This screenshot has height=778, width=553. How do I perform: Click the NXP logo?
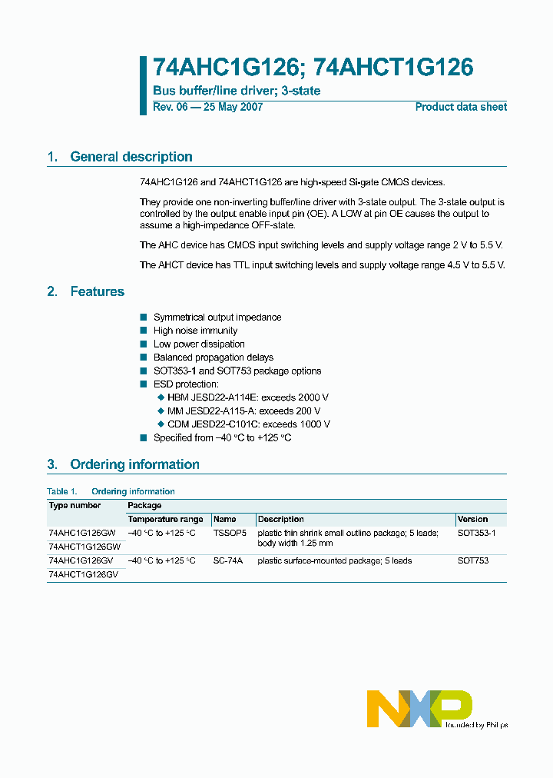[419, 707]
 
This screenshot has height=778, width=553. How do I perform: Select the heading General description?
[131, 157]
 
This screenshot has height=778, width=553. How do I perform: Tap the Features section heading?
[97, 291]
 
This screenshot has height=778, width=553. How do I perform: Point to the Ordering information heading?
[134, 464]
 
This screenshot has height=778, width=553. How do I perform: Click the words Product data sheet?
[461, 107]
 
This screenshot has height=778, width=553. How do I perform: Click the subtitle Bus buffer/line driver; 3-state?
[237, 91]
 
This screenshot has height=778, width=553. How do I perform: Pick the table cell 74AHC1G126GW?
[82, 533]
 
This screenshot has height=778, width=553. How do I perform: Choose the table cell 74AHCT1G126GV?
[83, 574]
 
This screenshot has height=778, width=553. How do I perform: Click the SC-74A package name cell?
[227, 560]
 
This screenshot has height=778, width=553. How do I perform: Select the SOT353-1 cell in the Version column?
[476, 533]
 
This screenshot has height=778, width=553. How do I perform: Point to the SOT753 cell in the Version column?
[472, 560]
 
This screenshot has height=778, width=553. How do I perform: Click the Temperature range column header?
[165, 519]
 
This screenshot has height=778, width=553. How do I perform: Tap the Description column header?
[280, 519]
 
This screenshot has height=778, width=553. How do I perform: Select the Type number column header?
[75, 505]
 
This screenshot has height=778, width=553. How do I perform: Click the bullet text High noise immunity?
[195, 331]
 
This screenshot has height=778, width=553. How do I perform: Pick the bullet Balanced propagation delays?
[213, 357]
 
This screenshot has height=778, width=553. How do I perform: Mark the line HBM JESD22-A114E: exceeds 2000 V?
[247, 397]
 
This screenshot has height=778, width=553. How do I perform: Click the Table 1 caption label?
[62, 491]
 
